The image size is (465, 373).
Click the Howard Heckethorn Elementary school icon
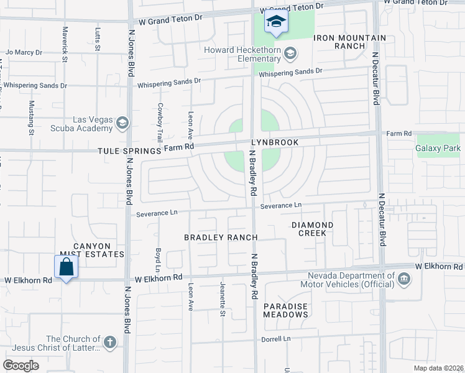tap(289, 54)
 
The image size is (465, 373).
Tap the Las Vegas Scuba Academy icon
tap(122, 122)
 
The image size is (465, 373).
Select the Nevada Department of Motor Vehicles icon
tap(405, 278)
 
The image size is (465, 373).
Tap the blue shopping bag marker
tap(66, 269)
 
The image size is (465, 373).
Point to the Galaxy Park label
tap(439, 148)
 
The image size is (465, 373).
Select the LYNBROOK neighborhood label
tap(275, 142)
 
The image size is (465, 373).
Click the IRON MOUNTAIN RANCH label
tap(349, 42)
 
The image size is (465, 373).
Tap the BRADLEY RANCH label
tap(221, 237)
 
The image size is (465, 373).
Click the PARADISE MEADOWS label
tap(285, 310)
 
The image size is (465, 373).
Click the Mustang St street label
tap(31, 118)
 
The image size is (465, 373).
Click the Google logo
tap(21, 366)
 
